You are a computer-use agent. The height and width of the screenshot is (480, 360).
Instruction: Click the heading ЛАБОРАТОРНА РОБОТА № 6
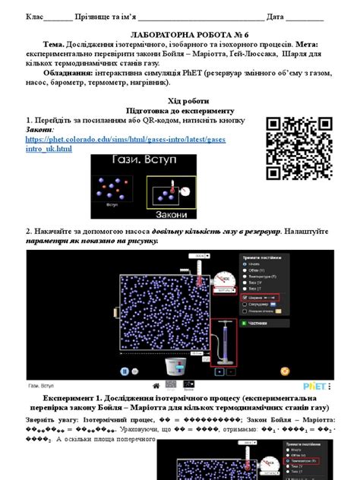pos(180,35)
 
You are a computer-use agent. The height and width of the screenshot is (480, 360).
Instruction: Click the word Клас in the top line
pos(35,16)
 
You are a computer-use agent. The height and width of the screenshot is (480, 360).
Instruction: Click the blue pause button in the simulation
pos(125,371)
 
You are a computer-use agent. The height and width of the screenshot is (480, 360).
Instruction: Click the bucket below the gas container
pos(172,367)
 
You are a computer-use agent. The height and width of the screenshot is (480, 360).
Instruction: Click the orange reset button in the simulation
pos(285,371)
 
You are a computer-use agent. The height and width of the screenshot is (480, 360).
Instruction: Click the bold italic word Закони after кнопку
pos(39,130)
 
